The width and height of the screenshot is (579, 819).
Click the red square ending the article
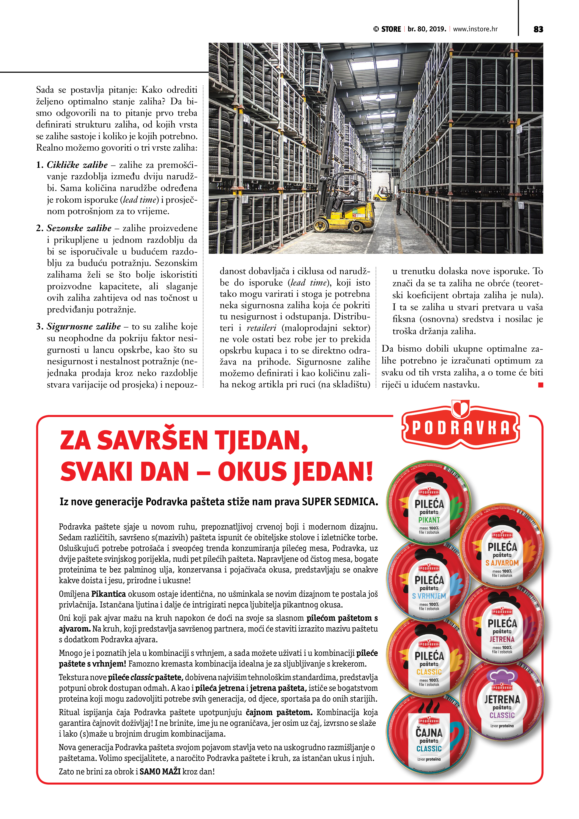pyautogui.click(x=540, y=385)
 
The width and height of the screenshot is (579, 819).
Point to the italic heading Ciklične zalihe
pyautogui.click(x=77, y=165)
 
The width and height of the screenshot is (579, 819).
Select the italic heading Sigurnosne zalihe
pyautogui.click(x=84, y=326)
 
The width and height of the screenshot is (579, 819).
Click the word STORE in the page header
pyautogui.click(x=391, y=29)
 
